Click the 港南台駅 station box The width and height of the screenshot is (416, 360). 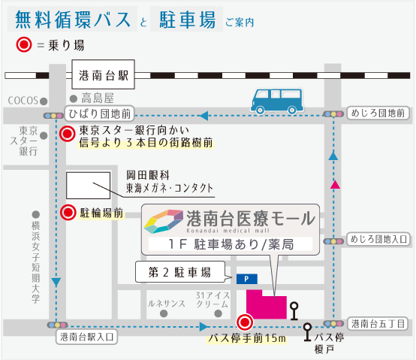point(103,74)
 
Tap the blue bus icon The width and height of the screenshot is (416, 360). point(277,101)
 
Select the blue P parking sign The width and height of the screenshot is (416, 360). point(247,279)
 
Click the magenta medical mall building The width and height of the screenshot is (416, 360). point(267,304)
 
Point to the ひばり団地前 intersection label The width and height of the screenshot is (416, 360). point(100,114)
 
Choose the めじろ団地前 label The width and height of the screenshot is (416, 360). point(378,113)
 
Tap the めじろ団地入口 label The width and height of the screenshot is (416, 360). point(378,239)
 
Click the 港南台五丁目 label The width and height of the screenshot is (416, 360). point(378,324)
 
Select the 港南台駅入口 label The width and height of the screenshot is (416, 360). point(87,337)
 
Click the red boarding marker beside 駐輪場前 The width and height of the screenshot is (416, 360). point(68,213)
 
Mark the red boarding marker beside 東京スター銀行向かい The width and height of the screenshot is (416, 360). point(67,134)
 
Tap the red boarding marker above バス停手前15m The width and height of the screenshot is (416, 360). point(245,322)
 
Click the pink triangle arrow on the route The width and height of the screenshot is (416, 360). point(335,185)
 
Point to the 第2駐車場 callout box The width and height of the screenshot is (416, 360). point(180,272)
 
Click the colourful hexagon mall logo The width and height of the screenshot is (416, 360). point(164,222)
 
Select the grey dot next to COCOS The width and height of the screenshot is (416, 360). point(44,101)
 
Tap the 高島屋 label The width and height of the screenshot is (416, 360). point(98,98)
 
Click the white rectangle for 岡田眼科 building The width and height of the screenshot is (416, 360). point(88,186)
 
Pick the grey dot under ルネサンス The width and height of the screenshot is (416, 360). point(164,313)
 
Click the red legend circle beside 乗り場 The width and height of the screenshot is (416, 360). point(24,44)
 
